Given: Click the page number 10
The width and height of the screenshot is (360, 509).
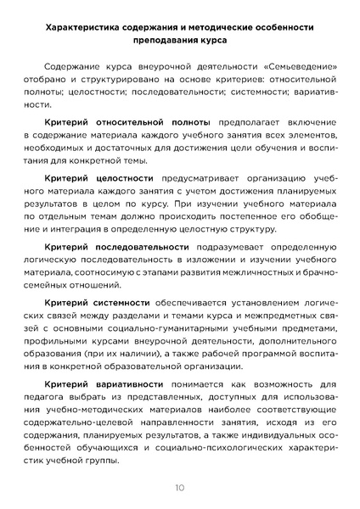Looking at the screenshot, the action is [x=180, y=487].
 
